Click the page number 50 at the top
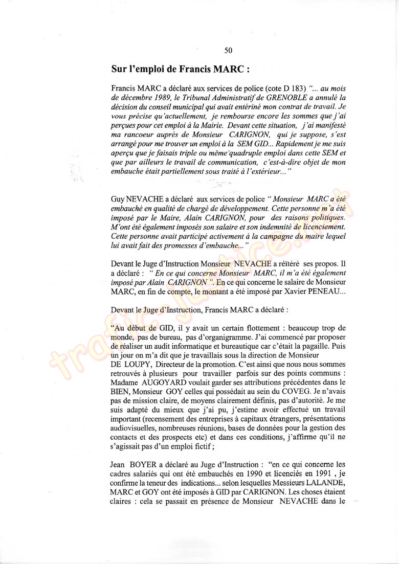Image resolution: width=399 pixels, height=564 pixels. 228,50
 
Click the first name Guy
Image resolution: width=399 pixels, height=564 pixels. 118,198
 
